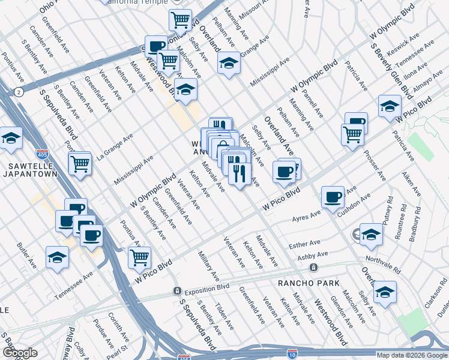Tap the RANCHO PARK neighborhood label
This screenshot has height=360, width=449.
tap(309, 283)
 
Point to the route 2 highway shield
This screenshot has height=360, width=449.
tap(19, 92)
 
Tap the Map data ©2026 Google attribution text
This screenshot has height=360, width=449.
tap(411, 355)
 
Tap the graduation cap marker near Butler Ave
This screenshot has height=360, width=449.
tap(58, 257)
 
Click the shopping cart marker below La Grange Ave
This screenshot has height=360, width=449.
tap(80, 163)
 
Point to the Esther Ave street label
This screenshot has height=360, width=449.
tap(306, 244)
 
